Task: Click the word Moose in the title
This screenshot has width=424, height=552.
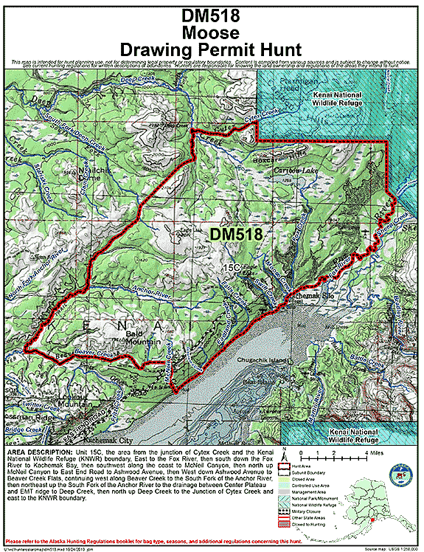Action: pyautogui.click(x=212, y=33)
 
